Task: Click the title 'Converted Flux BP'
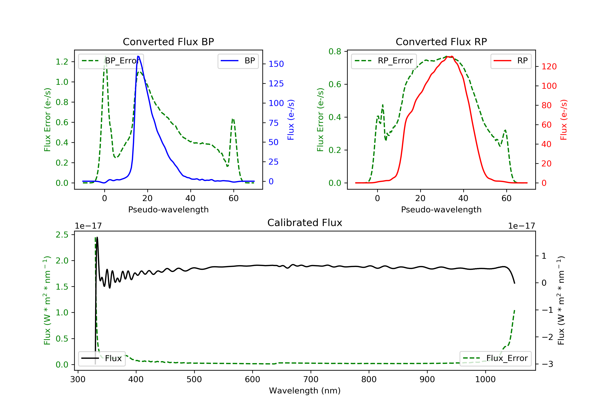[168, 42]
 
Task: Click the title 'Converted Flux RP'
[441, 42]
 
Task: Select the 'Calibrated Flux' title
[305, 223]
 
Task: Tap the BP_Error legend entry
[111, 61]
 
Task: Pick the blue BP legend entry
[238, 61]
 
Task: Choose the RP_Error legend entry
[384, 61]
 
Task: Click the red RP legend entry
[511, 61]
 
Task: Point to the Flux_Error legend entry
[495, 358]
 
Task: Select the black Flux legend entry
[102, 358]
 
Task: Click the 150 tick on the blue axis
[276, 64]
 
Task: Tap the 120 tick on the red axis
[549, 67]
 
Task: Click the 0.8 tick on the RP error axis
[335, 52]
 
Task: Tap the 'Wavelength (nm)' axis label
[305, 391]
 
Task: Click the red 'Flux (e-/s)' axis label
[564, 120]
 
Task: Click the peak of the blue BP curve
[138, 56]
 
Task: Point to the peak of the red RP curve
[451, 56]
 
